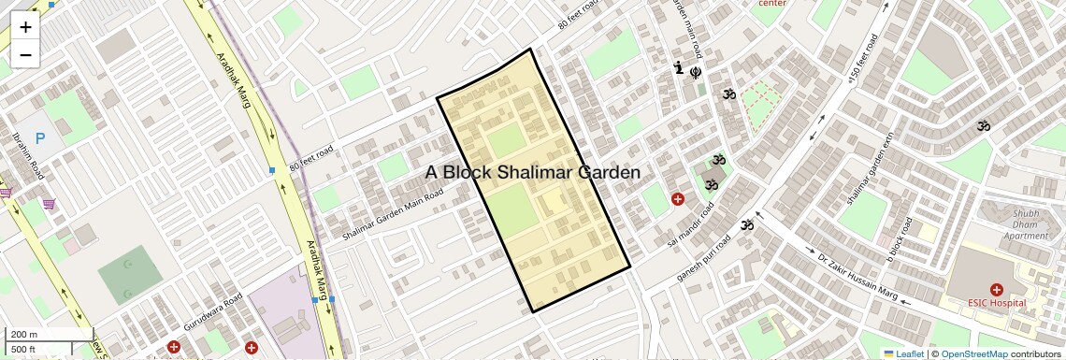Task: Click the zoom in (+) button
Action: point(25,27)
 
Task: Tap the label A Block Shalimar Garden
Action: point(533,173)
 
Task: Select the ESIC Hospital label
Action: point(996,303)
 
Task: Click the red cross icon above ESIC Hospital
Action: point(996,290)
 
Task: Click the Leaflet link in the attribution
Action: point(902,353)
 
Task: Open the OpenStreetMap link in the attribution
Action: point(973,353)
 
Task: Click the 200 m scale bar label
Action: point(24,334)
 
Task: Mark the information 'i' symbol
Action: point(679,67)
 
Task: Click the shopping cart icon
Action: point(48,204)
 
